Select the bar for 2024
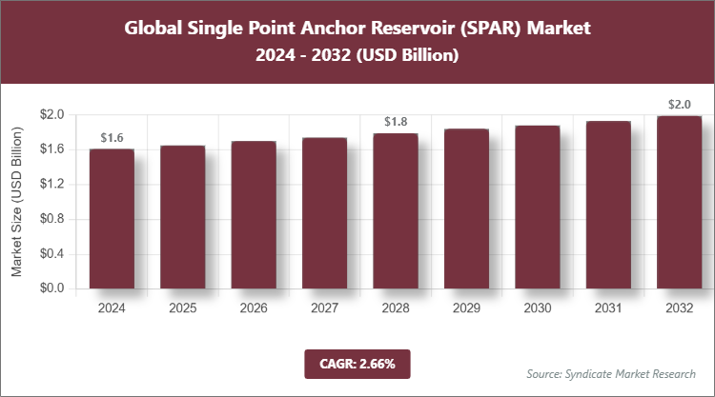pos(112,218)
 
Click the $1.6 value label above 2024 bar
pos(112,138)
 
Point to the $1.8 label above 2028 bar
pos(396,122)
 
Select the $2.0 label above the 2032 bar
pos(679,104)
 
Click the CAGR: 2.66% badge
pos(357,363)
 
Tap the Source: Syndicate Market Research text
pos(611,373)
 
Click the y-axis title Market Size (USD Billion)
pos(17,201)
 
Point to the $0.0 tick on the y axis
pos(51,288)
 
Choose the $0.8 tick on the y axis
pos(51,219)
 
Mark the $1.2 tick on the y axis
pos(51,184)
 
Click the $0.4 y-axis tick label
pos(51,253)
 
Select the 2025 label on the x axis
pos(183,308)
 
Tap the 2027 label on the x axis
pos(325,308)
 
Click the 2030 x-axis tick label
pos(537,308)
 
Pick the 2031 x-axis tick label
pos(608,308)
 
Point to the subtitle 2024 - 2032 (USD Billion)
pos(357,56)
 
